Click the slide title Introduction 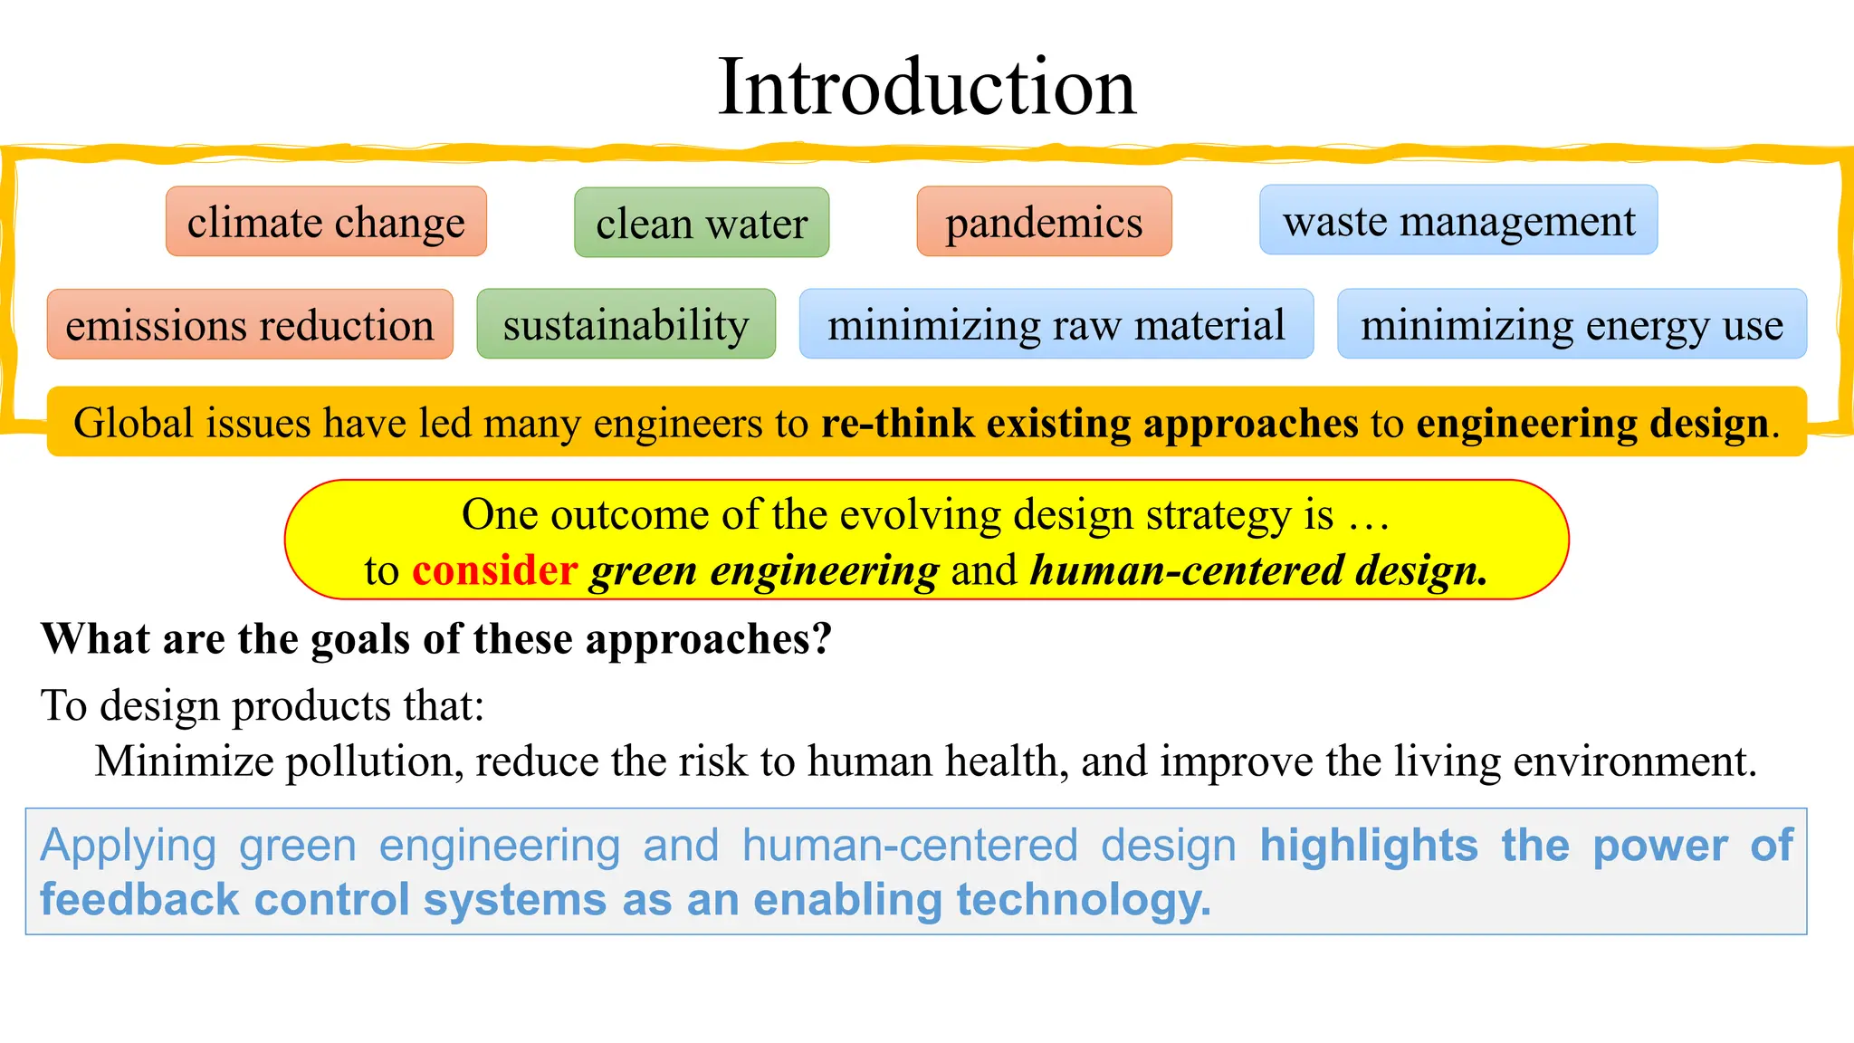[x=926, y=87]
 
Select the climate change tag [x=326, y=222]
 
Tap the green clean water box [x=702, y=223]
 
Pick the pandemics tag [x=1044, y=222]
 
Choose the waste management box [x=1458, y=220]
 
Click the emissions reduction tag [x=250, y=324]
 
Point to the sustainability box [x=626, y=324]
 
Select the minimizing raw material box [x=1056, y=324]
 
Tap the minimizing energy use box [x=1572, y=324]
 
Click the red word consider [x=494, y=570]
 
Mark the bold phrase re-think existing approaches [x=1090, y=423]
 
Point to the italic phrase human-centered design [x=1258, y=570]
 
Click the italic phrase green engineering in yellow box [x=764, y=571]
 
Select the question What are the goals [x=436, y=639]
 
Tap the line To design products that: [x=263, y=705]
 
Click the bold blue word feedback [x=139, y=900]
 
